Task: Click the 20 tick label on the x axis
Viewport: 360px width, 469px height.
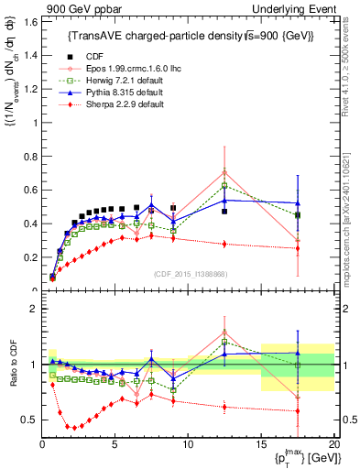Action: point(333,443)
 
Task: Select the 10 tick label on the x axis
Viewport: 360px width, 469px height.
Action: point(188,443)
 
